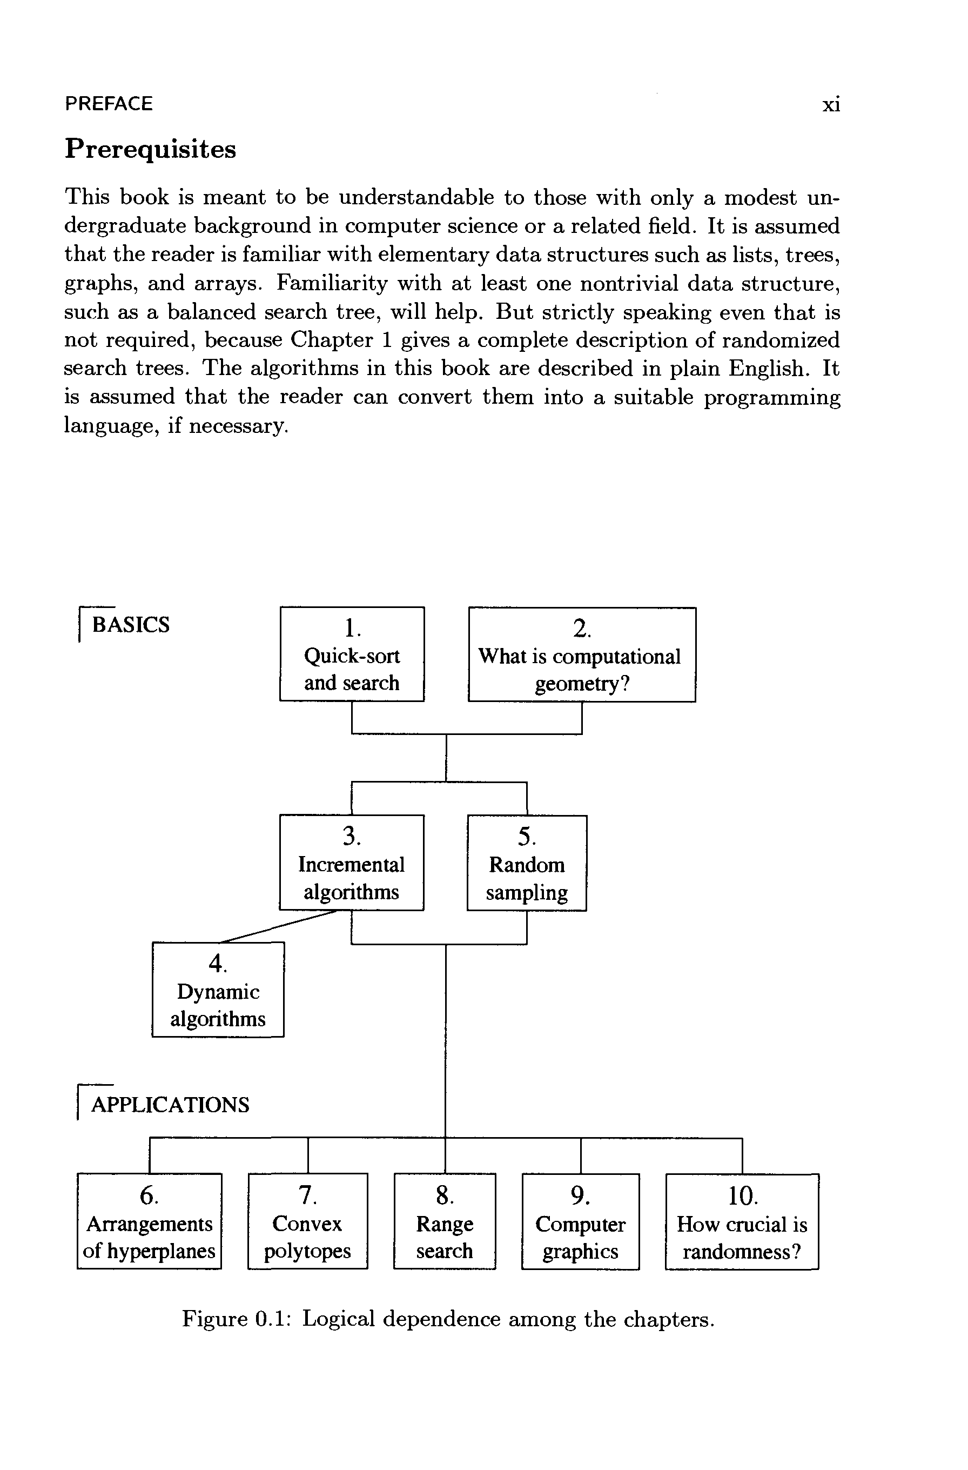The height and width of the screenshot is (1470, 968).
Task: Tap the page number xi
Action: pos(831,105)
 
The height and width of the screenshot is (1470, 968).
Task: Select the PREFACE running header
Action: pos(109,104)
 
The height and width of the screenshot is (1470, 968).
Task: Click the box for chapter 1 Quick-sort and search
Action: pos(352,654)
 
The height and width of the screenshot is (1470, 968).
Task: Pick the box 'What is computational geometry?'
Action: pos(582,654)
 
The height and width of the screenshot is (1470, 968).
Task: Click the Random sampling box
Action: pos(527,863)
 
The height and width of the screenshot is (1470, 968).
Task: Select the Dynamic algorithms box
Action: pos(218,990)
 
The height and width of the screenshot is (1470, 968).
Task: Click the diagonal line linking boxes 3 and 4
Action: pos(278,926)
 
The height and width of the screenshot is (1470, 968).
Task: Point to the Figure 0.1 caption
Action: pos(448,1319)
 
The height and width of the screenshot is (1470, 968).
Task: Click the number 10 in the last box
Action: pos(742,1196)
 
